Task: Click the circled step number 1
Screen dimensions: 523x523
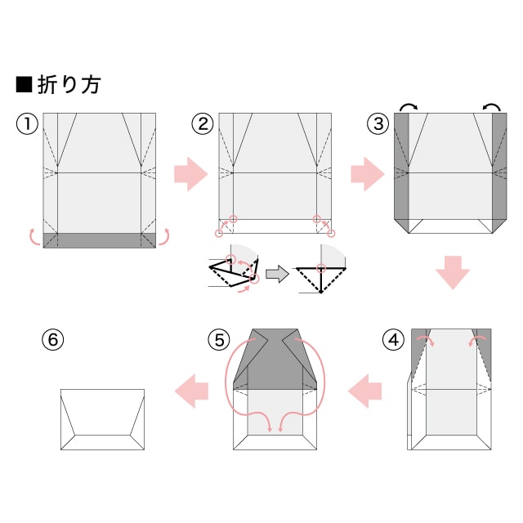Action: click(27, 123)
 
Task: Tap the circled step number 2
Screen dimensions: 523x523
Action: click(203, 123)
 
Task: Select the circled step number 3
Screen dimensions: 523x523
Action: click(378, 123)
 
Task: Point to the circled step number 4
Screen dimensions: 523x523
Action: click(394, 340)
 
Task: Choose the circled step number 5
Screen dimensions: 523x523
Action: click(219, 340)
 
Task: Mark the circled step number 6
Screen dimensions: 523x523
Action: click(52, 340)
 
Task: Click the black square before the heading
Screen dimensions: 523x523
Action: click(24, 84)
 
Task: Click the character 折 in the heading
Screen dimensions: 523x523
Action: click(47, 84)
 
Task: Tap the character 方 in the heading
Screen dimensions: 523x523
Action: click(91, 84)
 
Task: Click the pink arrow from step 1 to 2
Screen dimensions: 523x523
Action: click(190, 174)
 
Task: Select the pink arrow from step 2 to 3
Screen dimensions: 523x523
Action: click(368, 174)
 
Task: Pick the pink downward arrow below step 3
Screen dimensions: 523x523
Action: click(453, 272)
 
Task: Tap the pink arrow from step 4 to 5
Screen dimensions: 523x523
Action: click(364, 391)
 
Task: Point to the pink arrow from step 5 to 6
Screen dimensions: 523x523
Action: click(191, 391)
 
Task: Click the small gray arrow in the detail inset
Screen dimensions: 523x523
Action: click(277, 275)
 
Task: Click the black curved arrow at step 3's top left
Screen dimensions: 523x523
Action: click(409, 105)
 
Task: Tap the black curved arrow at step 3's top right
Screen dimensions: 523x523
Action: click(492, 105)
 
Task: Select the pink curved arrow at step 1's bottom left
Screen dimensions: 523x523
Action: click(31, 238)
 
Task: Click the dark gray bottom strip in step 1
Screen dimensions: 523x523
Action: click(100, 240)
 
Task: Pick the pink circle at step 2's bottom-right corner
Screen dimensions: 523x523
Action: click(331, 234)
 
